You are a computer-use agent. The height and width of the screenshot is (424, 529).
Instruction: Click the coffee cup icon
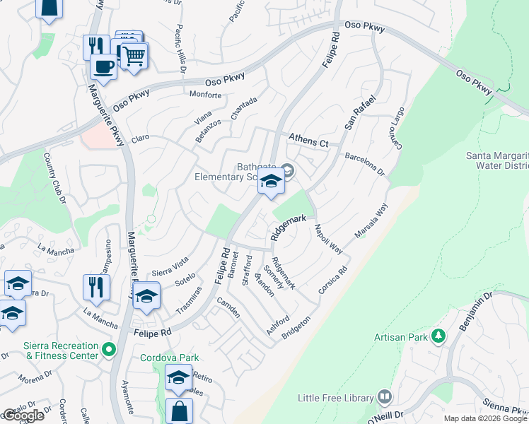pyautogui.click(x=103, y=67)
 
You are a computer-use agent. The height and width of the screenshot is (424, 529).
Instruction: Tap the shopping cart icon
pyautogui.click(x=134, y=54)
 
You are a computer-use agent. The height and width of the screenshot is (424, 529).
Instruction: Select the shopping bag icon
pyautogui.click(x=180, y=411)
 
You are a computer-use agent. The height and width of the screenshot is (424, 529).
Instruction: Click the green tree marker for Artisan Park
pyautogui.click(x=439, y=336)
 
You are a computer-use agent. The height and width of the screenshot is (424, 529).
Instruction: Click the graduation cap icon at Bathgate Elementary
pyautogui.click(x=270, y=182)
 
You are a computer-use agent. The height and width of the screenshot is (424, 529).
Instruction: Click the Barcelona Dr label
pyautogui.click(x=364, y=164)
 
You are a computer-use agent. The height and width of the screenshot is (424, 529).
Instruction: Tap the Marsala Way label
pyautogui.click(x=372, y=221)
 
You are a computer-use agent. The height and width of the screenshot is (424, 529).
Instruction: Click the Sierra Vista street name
pyautogui.click(x=170, y=264)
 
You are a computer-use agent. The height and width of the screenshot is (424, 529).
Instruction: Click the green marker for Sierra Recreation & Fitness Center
pyautogui.click(x=109, y=349)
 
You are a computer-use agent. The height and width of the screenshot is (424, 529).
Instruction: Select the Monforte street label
pyautogui.click(x=206, y=94)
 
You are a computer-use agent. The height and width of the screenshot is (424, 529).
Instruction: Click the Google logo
pyautogui.click(x=23, y=416)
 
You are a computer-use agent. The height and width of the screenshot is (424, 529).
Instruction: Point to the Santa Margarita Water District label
pyautogui.click(x=496, y=160)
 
